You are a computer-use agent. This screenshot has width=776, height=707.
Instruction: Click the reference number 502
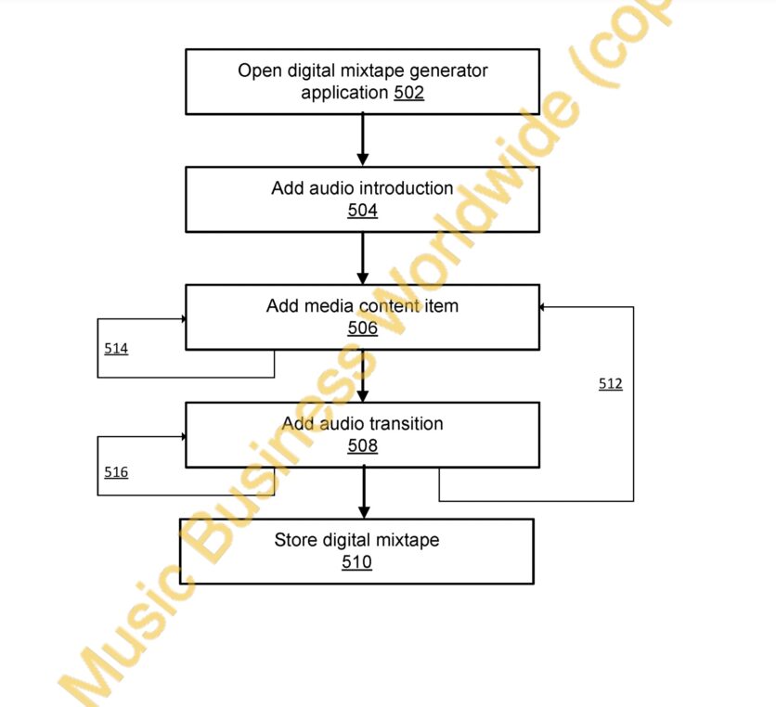click(x=408, y=93)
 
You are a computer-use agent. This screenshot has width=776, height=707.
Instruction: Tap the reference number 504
click(x=362, y=211)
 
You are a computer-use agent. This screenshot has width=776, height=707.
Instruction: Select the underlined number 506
click(x=362, y=328)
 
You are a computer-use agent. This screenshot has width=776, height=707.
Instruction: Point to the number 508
click(x=362, y=445)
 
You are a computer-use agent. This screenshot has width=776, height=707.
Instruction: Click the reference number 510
click(x=356, y=561)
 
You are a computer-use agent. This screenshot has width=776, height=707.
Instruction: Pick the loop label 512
click(x=610, y=383)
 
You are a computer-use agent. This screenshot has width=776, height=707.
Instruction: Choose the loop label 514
click(x=116, y=348)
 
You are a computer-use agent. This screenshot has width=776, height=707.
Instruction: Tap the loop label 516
click(x=116, y=472)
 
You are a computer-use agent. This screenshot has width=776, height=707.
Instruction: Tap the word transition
click(x=407, y=423)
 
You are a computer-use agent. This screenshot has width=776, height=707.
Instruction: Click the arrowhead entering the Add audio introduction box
click(x=362, y=160)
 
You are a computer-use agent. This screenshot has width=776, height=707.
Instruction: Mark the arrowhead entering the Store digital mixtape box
click(x=364, y=512)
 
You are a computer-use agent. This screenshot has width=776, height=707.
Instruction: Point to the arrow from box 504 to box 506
click(x=362, y=258)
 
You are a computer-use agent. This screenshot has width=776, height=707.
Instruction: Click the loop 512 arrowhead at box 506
click(x=542, y=307)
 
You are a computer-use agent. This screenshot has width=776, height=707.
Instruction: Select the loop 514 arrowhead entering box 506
click(x=183, y=319)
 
